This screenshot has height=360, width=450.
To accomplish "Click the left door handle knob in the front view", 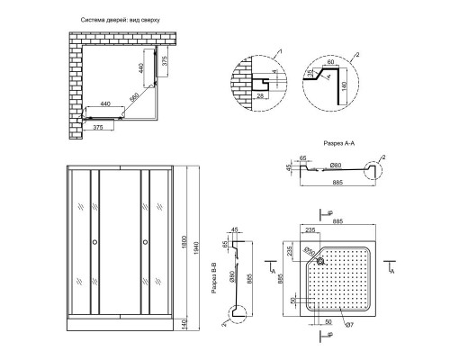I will (x=95, y=243).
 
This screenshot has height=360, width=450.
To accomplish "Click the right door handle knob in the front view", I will (x=143, y=243).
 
